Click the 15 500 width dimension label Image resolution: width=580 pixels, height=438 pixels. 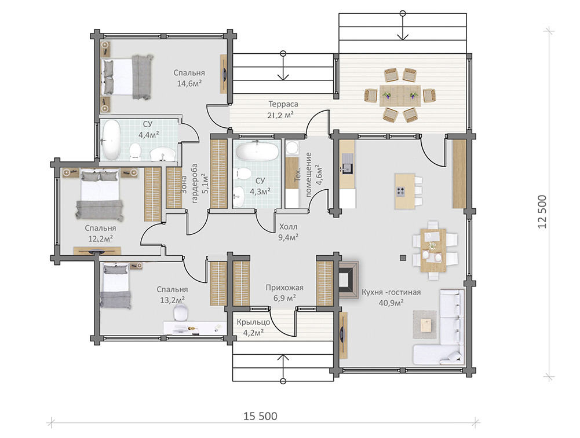point(260,416)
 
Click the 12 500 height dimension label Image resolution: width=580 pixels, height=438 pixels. point(542,212)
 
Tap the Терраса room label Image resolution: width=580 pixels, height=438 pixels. point(283,104)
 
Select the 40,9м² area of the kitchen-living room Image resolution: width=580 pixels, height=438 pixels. point(391,303)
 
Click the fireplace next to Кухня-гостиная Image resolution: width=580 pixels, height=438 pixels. point(348,279)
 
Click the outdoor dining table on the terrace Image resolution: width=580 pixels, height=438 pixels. point(400,95)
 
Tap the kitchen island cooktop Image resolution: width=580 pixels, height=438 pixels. point(400,192)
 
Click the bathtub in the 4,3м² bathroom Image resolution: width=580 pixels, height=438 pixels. point(257,151)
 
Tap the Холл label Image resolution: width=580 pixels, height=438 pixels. point(288,227)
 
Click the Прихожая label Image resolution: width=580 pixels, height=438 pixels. point(284,288)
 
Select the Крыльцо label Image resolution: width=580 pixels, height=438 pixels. point(253,322)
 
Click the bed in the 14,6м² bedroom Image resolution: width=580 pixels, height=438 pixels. point(127,77)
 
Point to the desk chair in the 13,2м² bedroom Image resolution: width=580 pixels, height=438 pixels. point(181,313)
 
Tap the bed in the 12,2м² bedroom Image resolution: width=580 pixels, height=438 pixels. point(99,193)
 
